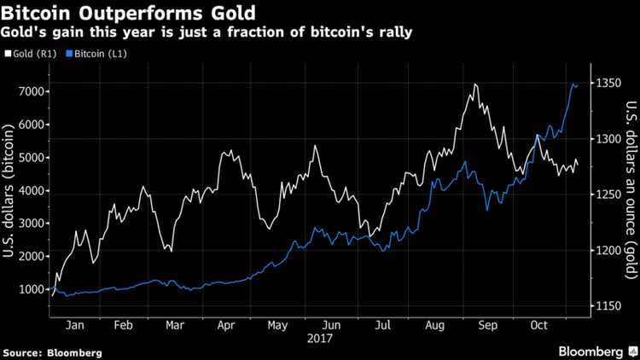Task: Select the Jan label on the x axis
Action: (x=74, y=325)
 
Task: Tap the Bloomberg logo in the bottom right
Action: (x=591, y=351)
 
